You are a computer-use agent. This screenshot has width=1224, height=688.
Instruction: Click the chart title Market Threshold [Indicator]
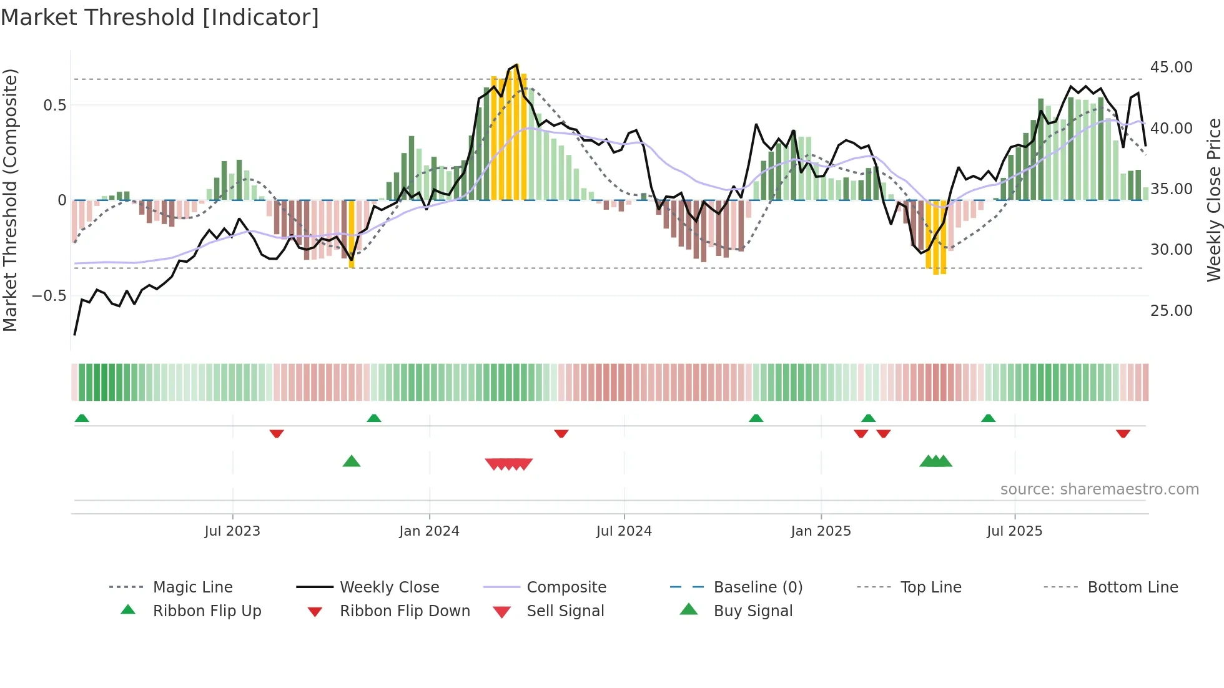(160, 17)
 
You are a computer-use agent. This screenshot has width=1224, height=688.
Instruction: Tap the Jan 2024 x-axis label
(429, 531)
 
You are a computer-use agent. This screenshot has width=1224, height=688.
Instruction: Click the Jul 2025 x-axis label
(1014, 531)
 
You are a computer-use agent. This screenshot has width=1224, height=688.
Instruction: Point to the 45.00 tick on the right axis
(1171, 67)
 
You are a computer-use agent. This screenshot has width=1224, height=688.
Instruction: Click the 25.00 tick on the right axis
(1171, 310)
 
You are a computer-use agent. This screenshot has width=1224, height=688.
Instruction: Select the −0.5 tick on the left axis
(49, 295)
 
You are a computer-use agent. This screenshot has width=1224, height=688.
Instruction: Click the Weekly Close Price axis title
(1213, 200)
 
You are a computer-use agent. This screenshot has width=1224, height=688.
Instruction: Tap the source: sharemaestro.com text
(1099, 489)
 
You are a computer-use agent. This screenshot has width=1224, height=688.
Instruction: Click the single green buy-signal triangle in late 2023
(352, 461)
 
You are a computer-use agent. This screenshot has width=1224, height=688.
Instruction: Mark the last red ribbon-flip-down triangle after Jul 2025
(1123, 433)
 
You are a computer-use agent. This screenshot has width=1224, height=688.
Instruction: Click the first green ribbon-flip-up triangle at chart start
(82, 418)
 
